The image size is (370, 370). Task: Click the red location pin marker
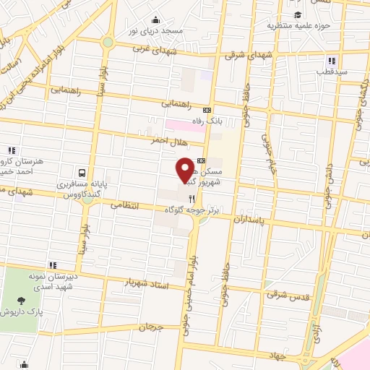[x=185, y=171]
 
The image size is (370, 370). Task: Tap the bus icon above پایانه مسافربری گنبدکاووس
[x=82, y=173]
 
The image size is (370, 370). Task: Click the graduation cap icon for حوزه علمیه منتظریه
[x=297, y=15]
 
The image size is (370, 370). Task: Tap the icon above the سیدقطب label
[x=331, y=61]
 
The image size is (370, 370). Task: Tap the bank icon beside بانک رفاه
[x=207, y=111]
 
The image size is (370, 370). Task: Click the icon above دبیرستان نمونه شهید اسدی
[x=52, y=264]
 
